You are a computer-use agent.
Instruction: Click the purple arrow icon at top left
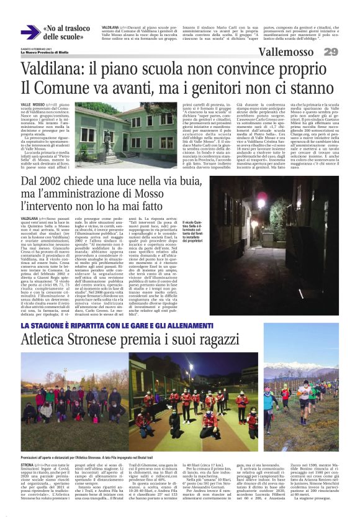(29, 32)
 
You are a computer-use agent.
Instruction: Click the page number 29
(330, 52)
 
